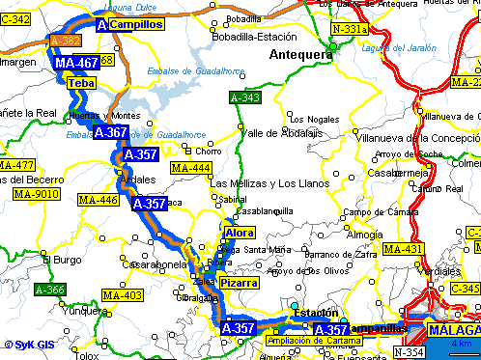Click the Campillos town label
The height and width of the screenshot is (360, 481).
coord(135,24)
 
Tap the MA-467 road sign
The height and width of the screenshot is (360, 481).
coord(76,63)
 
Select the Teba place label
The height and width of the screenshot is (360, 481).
coord(80,84)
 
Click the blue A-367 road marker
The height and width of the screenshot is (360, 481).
coord(109,132)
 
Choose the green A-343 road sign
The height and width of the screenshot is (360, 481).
coord(244,97)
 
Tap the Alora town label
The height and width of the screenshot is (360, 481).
coord(239,233)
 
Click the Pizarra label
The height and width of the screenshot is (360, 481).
coord(239,283)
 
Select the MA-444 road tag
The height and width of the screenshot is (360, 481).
coord(190,168)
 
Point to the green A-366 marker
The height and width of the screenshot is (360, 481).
coord(49,289)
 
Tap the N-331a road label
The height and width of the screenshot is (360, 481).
coord(349,30)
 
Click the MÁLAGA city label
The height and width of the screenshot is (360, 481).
coord(453,330)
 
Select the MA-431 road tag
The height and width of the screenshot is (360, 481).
coord(403,249)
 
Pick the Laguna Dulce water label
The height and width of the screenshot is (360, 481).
coord(135,7)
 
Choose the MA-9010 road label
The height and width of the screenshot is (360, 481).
coord(37,193)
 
